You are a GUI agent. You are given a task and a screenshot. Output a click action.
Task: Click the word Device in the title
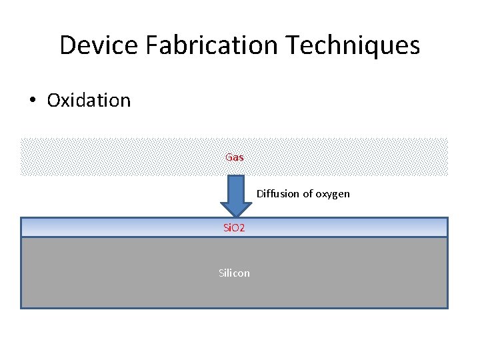pyautogui.click(x=96, y=45)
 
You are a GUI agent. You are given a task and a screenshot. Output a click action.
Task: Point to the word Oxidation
pyautogui.click(x=89, y=101)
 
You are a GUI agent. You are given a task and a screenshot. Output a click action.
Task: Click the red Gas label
pyautogui.click(x=235, y=157)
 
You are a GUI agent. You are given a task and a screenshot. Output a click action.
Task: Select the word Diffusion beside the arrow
pyautogui.click(x=277, y=194)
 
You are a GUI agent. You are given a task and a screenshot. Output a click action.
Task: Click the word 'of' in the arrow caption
pyautogui.click(x=307, y=194)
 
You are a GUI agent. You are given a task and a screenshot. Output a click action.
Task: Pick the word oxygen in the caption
pyautogui.click(x=333, y=195)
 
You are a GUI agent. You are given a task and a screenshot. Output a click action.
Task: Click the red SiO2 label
pyautogui.click(x=234, y=228)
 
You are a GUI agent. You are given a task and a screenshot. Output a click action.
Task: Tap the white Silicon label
pyautogui.click(x=234, y=273)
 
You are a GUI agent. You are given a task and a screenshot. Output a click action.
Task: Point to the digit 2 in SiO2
pyautogui.click(x=243, y=228)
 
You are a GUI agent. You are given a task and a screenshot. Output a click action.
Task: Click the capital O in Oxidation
pyautogui.click(x=54, y=101)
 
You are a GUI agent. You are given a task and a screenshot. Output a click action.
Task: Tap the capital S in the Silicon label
pyautogui.click(x=221, y=273)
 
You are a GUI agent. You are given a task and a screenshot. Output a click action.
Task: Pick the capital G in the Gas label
pyautogui.click(x=229, y=157)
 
